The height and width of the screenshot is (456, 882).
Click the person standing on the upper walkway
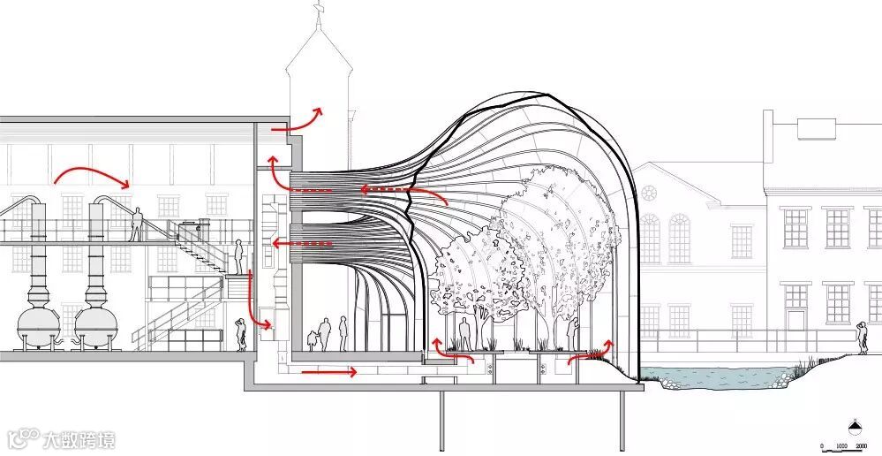pyautogui.click(x=138, y=224)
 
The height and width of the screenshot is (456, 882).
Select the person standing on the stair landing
pyautogui.click(x=238, y=257)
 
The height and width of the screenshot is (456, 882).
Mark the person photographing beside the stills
pyautogui.click(x=240, y=333)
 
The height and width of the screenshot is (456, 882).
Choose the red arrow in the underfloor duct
pyautogui.click(x=328, y=372)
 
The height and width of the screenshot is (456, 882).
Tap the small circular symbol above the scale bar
pyautogui.click(x=855, y=423)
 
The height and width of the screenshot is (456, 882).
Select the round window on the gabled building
pyautogui.click(x=650, y=193)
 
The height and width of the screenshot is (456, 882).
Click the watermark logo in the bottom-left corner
pyautogui.click(x=62, y=437)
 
